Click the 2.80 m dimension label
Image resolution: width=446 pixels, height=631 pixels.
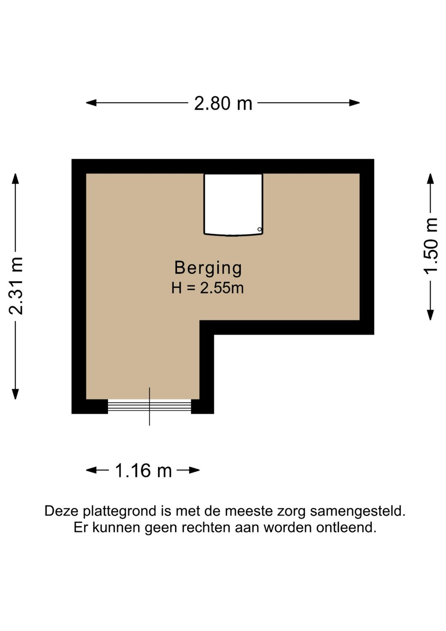pyautogui.click(x=223, y=103)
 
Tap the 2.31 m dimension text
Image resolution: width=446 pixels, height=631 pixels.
pyautogui.click(x=17, y=286)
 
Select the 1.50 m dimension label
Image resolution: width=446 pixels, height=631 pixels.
pyautogui.click(x=430, y=246)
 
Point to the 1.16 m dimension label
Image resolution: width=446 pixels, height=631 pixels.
pyautogui.click(x=143, y=471)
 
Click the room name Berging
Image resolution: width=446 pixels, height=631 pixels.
pyautogui.click(x=208, y=268)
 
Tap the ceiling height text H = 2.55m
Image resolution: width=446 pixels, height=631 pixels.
pyautogui.click(x=207, y=288)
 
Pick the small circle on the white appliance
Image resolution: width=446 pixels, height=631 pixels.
pyautogui.click(x=259, y=229)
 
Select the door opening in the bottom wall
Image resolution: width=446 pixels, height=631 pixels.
pyautogui.click(x=149, y=406)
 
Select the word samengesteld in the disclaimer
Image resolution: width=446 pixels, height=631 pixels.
pyautogui.click(x=358, y=511)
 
